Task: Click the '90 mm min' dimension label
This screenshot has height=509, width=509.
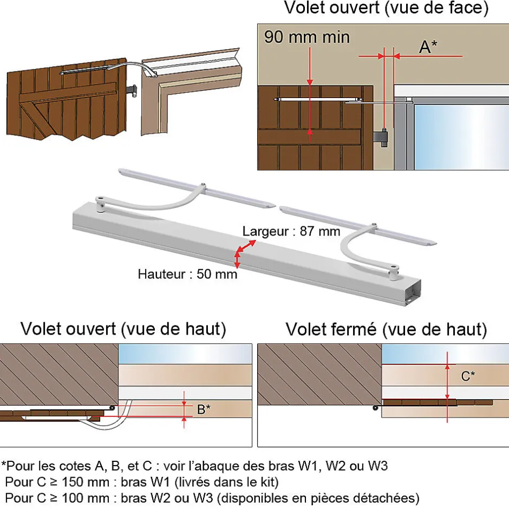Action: pos(307,37)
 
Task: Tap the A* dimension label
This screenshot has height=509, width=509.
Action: pos(428,47)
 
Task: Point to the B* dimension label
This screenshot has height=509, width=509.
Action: pos(204,409)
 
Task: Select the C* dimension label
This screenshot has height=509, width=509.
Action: pos(468,376)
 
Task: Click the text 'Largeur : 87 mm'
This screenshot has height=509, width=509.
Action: pos(291,232)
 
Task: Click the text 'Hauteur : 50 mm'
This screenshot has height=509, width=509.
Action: pos(187,274)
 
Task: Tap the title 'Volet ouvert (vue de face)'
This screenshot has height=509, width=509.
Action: pos(386,8)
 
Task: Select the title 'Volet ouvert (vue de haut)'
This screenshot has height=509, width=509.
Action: pos(123,329)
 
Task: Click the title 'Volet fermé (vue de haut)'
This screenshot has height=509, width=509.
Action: pos(386,329)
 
